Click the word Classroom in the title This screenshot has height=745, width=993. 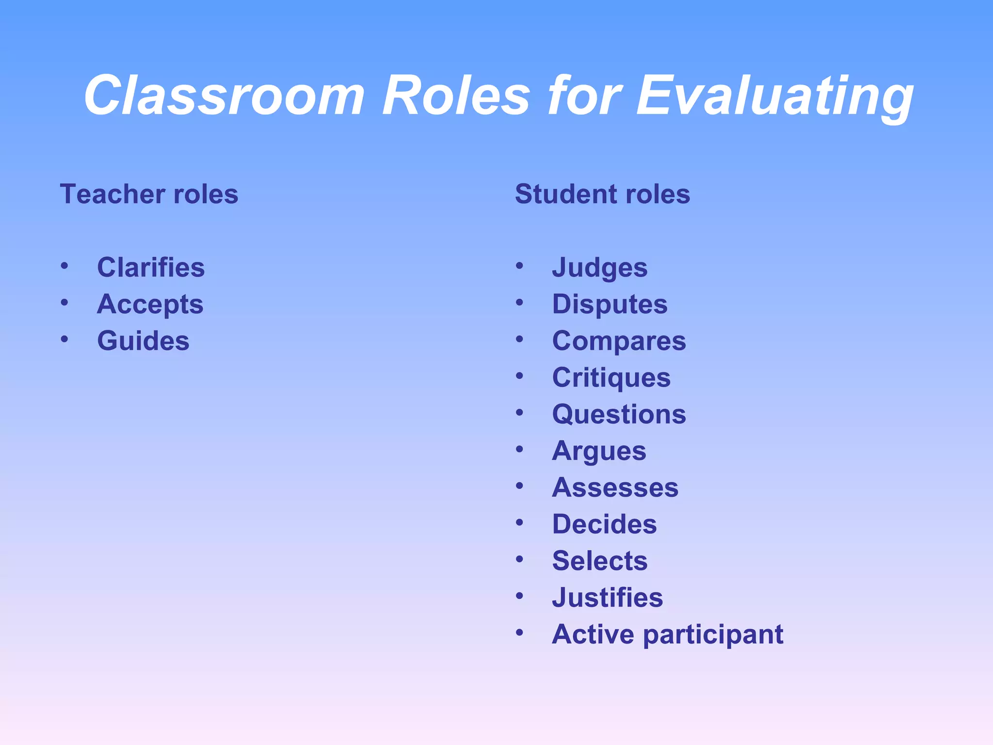(x=224, y=96)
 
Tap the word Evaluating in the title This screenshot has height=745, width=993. (x=774, y=96)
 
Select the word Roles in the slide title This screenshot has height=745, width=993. (x=456, y=96)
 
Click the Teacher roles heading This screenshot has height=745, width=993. (x=149, y=194)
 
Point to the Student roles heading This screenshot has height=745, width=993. (x=602, y=194)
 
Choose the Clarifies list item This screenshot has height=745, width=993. (x=151, y=267)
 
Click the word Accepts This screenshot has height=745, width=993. (x=150, y=305)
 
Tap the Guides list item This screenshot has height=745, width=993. (x=143, y=340)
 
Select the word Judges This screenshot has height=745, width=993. (x=600, y=268)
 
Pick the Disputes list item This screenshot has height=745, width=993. (x=609, y=305)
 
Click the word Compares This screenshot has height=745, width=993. (x=619, y=341)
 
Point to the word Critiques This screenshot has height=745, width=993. (x=611, y=378)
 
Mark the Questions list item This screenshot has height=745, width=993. (x=619, y=414)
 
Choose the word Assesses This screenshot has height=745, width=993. (x=615, y=487)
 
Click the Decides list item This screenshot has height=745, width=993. (x=604, y=524)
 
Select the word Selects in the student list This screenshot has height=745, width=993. (x=600, y=561)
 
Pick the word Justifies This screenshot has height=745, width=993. (x=607, y=598)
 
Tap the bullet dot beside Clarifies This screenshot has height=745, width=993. (x=64, y=266)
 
